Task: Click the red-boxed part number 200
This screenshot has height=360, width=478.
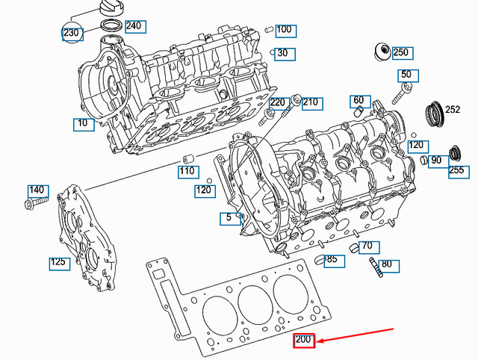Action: coord(304,341)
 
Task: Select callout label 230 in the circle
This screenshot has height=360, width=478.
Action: coord(72,34)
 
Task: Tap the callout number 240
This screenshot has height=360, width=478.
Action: coord(133,26)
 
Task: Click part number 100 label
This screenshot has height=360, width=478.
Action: coord(284,31)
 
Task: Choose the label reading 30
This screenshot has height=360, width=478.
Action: coord(282,54)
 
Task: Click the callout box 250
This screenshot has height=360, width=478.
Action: coord(401,52)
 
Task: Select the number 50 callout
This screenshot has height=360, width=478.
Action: coord(406,75)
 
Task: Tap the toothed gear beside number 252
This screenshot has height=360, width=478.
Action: coord(432,114)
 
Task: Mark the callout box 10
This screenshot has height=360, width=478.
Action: coord(83,123)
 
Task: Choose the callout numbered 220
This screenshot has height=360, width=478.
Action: coord(277,102)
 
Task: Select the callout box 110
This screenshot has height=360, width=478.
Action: coord(187,172)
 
